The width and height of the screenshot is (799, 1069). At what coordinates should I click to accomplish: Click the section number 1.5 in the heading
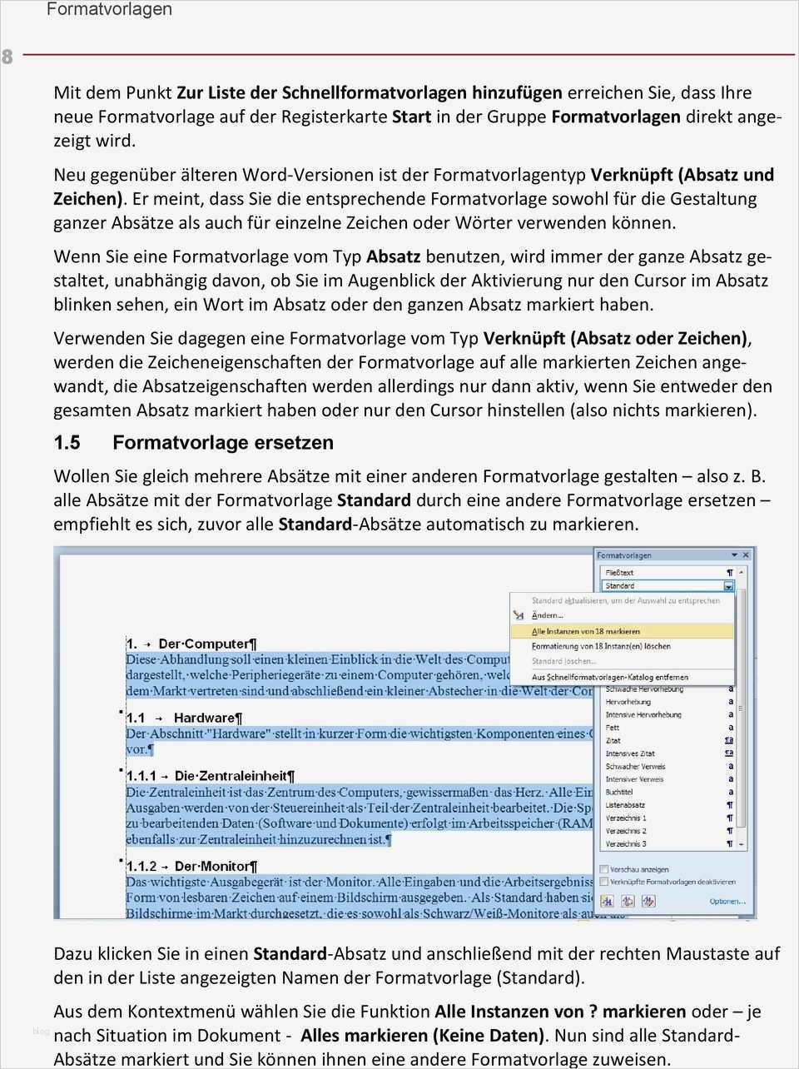click(x=67, y=443)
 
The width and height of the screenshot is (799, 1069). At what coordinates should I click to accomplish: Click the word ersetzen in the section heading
click(x=294, y=443)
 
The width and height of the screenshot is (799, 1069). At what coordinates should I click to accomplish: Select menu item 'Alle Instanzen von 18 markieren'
click(x=585, y=631)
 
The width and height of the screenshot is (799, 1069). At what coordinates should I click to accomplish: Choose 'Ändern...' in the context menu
click(x=547, y=615)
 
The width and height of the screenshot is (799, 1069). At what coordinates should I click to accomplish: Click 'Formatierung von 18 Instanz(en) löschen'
click(x=600, y=646)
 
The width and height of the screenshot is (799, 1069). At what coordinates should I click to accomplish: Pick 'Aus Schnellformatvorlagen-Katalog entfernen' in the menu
click(x=609, y=677)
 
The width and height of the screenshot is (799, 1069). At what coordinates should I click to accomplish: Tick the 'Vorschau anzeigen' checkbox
click(x=604, y=869)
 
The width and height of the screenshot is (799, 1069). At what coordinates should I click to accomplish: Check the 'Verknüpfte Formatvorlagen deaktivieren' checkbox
click(x=604, y=882)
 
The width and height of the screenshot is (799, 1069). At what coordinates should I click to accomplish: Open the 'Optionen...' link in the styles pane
click(x=727, y=901)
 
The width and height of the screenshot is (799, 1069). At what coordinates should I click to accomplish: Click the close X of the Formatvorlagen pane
click(x=746, y=554)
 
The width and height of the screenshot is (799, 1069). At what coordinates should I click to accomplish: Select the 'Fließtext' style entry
click(x=619, y=573)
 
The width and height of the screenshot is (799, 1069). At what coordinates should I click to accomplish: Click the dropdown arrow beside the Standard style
click(x=729, y=586)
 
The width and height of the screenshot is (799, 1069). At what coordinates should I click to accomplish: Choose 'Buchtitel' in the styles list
click(x=619, y=792)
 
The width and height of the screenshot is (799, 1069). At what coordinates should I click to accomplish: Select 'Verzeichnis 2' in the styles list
click(x=625, y=831)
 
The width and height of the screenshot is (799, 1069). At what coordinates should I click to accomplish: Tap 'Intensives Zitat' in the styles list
click(x=630, y=753)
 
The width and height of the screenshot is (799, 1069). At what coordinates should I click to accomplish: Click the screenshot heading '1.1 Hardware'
click(x=184, y=718)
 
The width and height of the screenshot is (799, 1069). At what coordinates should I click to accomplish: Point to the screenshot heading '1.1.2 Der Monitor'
click(x=191, y=866)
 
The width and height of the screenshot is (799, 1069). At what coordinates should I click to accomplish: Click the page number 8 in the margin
click(x=7, y=57)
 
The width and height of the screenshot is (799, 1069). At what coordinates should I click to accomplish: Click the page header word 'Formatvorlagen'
click(x=109, y=10)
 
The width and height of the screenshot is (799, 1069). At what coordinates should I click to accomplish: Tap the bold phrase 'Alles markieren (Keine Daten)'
click(x=422, y=1036)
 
